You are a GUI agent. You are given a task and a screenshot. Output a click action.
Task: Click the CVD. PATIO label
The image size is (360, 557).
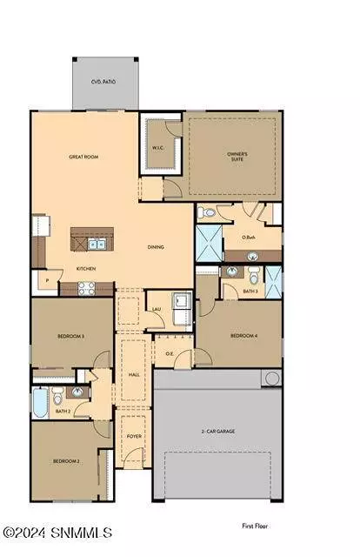click(x=103, y=82)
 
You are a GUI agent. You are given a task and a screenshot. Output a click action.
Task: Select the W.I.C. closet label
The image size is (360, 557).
click(x=159, y=146)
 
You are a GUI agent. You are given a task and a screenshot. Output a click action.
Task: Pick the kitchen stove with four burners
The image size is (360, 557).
click(x=87, y=288)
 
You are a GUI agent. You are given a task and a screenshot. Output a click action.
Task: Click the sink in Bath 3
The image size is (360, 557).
click(x=230, y=272)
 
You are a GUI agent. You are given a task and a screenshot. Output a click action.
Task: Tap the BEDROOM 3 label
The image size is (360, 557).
click(x=70, y=335)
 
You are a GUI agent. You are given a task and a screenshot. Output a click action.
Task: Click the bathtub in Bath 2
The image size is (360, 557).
click(x=39, y=402)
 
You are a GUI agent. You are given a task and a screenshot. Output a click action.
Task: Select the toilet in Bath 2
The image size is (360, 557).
click(x=58, y=398)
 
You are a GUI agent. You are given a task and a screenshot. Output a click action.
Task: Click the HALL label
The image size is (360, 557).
click(x=133, y=374)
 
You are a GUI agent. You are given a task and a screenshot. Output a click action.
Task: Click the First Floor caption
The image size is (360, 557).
click(x=257, y=526)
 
